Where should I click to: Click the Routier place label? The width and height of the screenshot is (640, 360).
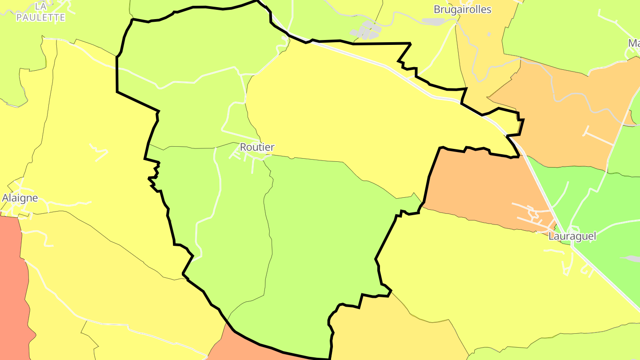point(257,147)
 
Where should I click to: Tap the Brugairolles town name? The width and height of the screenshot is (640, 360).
point(463,9)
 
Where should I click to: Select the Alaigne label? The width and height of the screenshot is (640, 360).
point(20,198)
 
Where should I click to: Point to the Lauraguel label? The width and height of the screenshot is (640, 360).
point(572,236)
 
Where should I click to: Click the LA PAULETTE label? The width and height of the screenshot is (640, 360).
point(40,12)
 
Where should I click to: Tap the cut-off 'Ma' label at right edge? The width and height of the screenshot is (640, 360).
point(634,43)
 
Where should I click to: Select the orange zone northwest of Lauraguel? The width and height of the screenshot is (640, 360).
point(480,187)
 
